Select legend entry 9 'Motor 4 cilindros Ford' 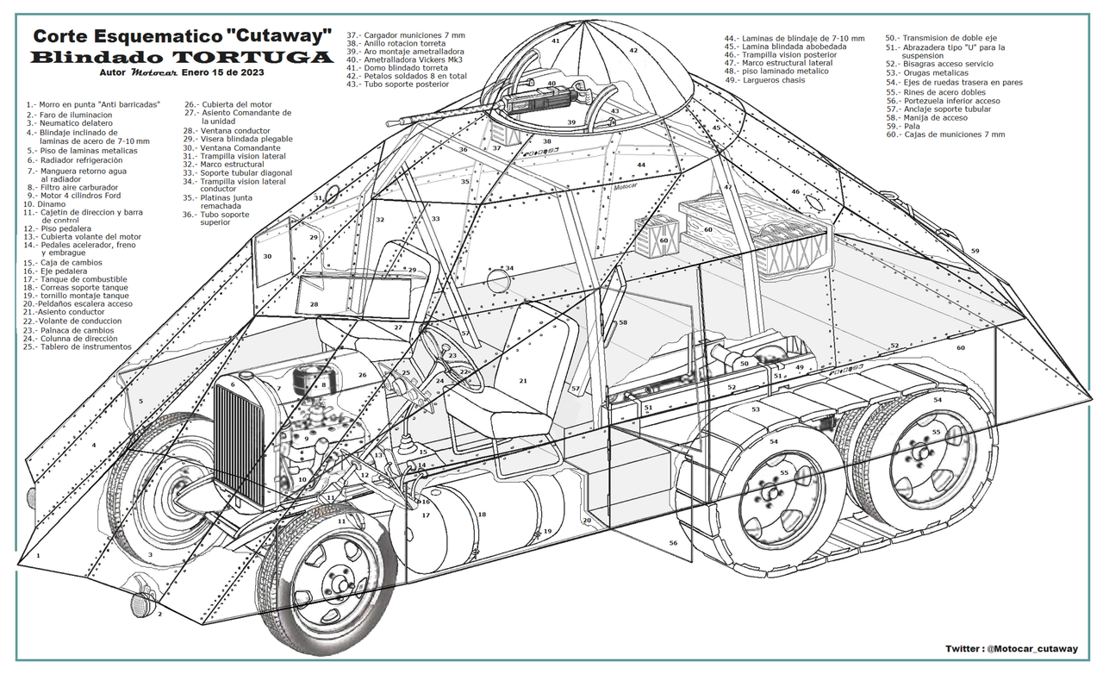[x=73, y=195]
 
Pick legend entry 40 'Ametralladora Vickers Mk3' [x=404, y=59]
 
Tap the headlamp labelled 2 [x=140, y=604]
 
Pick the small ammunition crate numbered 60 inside [x=657, y=237]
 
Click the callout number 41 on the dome [x=556, y=41]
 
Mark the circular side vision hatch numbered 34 [x=497, y=278]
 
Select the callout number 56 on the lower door [x=673, y=543]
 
